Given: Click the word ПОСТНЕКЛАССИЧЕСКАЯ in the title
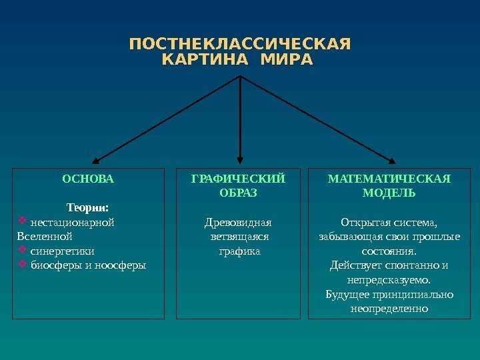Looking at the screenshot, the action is (x=239, y=45).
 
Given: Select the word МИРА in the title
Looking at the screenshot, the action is (x=287, y=60).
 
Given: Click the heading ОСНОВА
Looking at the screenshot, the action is (x=88, y=179).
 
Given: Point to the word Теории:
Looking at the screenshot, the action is (x=88, y=207).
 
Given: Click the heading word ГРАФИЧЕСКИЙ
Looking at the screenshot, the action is (x=238, y=179).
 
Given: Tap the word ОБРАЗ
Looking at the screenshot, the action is (x=238, y=193).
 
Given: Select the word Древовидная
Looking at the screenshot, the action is (x=238, y=222).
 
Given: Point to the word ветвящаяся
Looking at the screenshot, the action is (x=238, y=237).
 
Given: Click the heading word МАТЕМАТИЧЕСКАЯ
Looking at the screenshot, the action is (x=389, y=179).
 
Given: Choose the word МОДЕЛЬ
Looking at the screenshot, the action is (x=389, y=193).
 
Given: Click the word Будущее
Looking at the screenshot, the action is (x=347, y=295).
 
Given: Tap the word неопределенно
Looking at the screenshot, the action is (x=389, y=309).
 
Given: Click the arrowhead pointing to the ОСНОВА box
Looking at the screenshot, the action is (x=97, y=160).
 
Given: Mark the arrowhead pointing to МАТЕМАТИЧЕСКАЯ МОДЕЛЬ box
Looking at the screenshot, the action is (x=391, y=160).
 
